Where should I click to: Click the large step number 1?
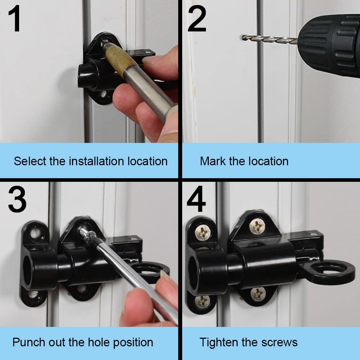(x=14, y=19)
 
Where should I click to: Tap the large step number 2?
(x=197, y=19)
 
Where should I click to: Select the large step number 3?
(x=17, y=199)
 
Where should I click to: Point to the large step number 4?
(x=196, y=199)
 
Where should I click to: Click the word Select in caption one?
(x=30, y=161)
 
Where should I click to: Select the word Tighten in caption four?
(x=219, y=342)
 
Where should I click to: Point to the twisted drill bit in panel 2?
(x=270, y=39)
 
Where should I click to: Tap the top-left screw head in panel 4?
(x=203, y=232)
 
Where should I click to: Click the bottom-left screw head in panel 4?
(x=202, y=302)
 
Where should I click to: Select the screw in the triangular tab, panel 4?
(x=257, y=226)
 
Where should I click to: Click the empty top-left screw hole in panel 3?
(x=35, y=233)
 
